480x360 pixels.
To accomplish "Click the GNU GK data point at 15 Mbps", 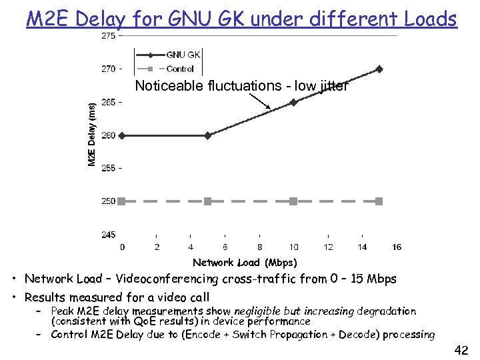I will click(x=379, y=69).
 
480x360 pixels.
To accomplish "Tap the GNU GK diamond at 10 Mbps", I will click(x=293, y=102).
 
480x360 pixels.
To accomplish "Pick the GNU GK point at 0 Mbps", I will click(x=122, y=135).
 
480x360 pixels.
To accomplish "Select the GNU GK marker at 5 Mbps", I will click(x=208, y=135).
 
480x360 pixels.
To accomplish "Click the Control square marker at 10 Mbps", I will click(x=293, y=201).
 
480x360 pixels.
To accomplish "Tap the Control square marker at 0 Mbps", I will click(x=122, y=201).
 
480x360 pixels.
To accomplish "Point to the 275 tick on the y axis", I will click(x=108, y=36).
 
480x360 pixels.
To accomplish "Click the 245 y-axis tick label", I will click(x=108, y=234).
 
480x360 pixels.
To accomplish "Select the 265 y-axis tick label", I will click(x=108, y=102).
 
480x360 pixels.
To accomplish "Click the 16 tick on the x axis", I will click(x=397, y=247).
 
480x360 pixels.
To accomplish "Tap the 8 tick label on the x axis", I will click(x=259, y=247).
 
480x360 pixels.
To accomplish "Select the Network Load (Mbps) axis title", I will click(x=245, y=263).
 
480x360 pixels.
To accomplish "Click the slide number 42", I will click(x=461, y=350).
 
